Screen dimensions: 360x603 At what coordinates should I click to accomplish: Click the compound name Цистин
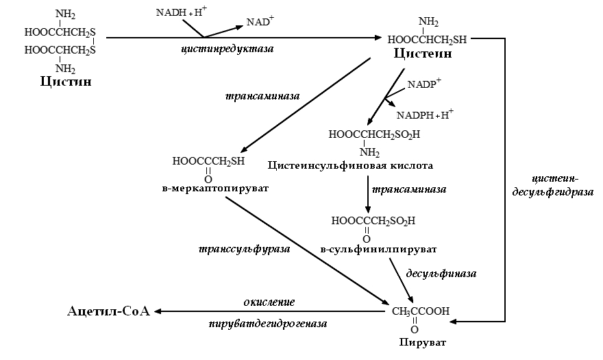pyautogui.click(x=66, y=82)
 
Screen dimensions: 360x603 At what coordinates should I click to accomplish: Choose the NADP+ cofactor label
pyautogui.click(x=424, y=86)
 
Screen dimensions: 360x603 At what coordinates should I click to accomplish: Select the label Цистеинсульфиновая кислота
pyautogui.click(x=349, y=165)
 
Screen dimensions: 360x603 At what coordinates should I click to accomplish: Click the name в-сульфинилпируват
pyautogui.click(x=378, y=248)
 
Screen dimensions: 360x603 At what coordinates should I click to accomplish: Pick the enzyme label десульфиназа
pyautogui.click(x=441, y=273)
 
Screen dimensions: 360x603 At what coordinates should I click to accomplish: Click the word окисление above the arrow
pyautogui.click(x=269, y=301)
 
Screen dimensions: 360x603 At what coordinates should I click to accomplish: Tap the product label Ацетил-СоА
pyautogui.click(x=108, y=311)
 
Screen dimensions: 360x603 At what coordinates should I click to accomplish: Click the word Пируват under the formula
pyautogui.click(x=416, y=340)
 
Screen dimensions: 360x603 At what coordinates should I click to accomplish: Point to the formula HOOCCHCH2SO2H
pyautogui.click(x=374, y=134)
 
